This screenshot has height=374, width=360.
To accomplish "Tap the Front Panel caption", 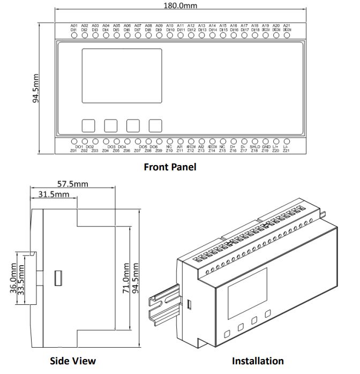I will pyautogui.click(x=170, y=167).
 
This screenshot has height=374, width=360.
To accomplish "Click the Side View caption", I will pyautogui.click(x=73, y=361).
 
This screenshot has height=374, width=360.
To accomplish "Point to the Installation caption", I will pyautogui.click(x=258, y=361).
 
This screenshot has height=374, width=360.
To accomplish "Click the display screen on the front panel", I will pyautogui.click(x=122, y=76).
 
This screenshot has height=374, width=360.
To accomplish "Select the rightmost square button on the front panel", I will pyautogui.click(x=155, y=125).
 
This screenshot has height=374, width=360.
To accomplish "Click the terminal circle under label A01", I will pyautogui.click(x=74, y=36).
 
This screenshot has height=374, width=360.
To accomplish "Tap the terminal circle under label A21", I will pyautogui.click(x=287, y=36).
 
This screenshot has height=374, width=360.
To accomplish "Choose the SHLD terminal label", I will pyautogui.click(x=254, y=146).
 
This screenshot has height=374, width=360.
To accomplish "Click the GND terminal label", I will pyautogui.click(x=266, y=146).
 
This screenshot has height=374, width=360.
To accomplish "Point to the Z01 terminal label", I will pyautogui.click(x=73, y=151).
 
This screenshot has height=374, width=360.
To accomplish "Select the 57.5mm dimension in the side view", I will pyautogui.click(x=73, y=184).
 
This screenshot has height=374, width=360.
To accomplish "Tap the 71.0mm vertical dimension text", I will pyautogui.click(x=125, y=278).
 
